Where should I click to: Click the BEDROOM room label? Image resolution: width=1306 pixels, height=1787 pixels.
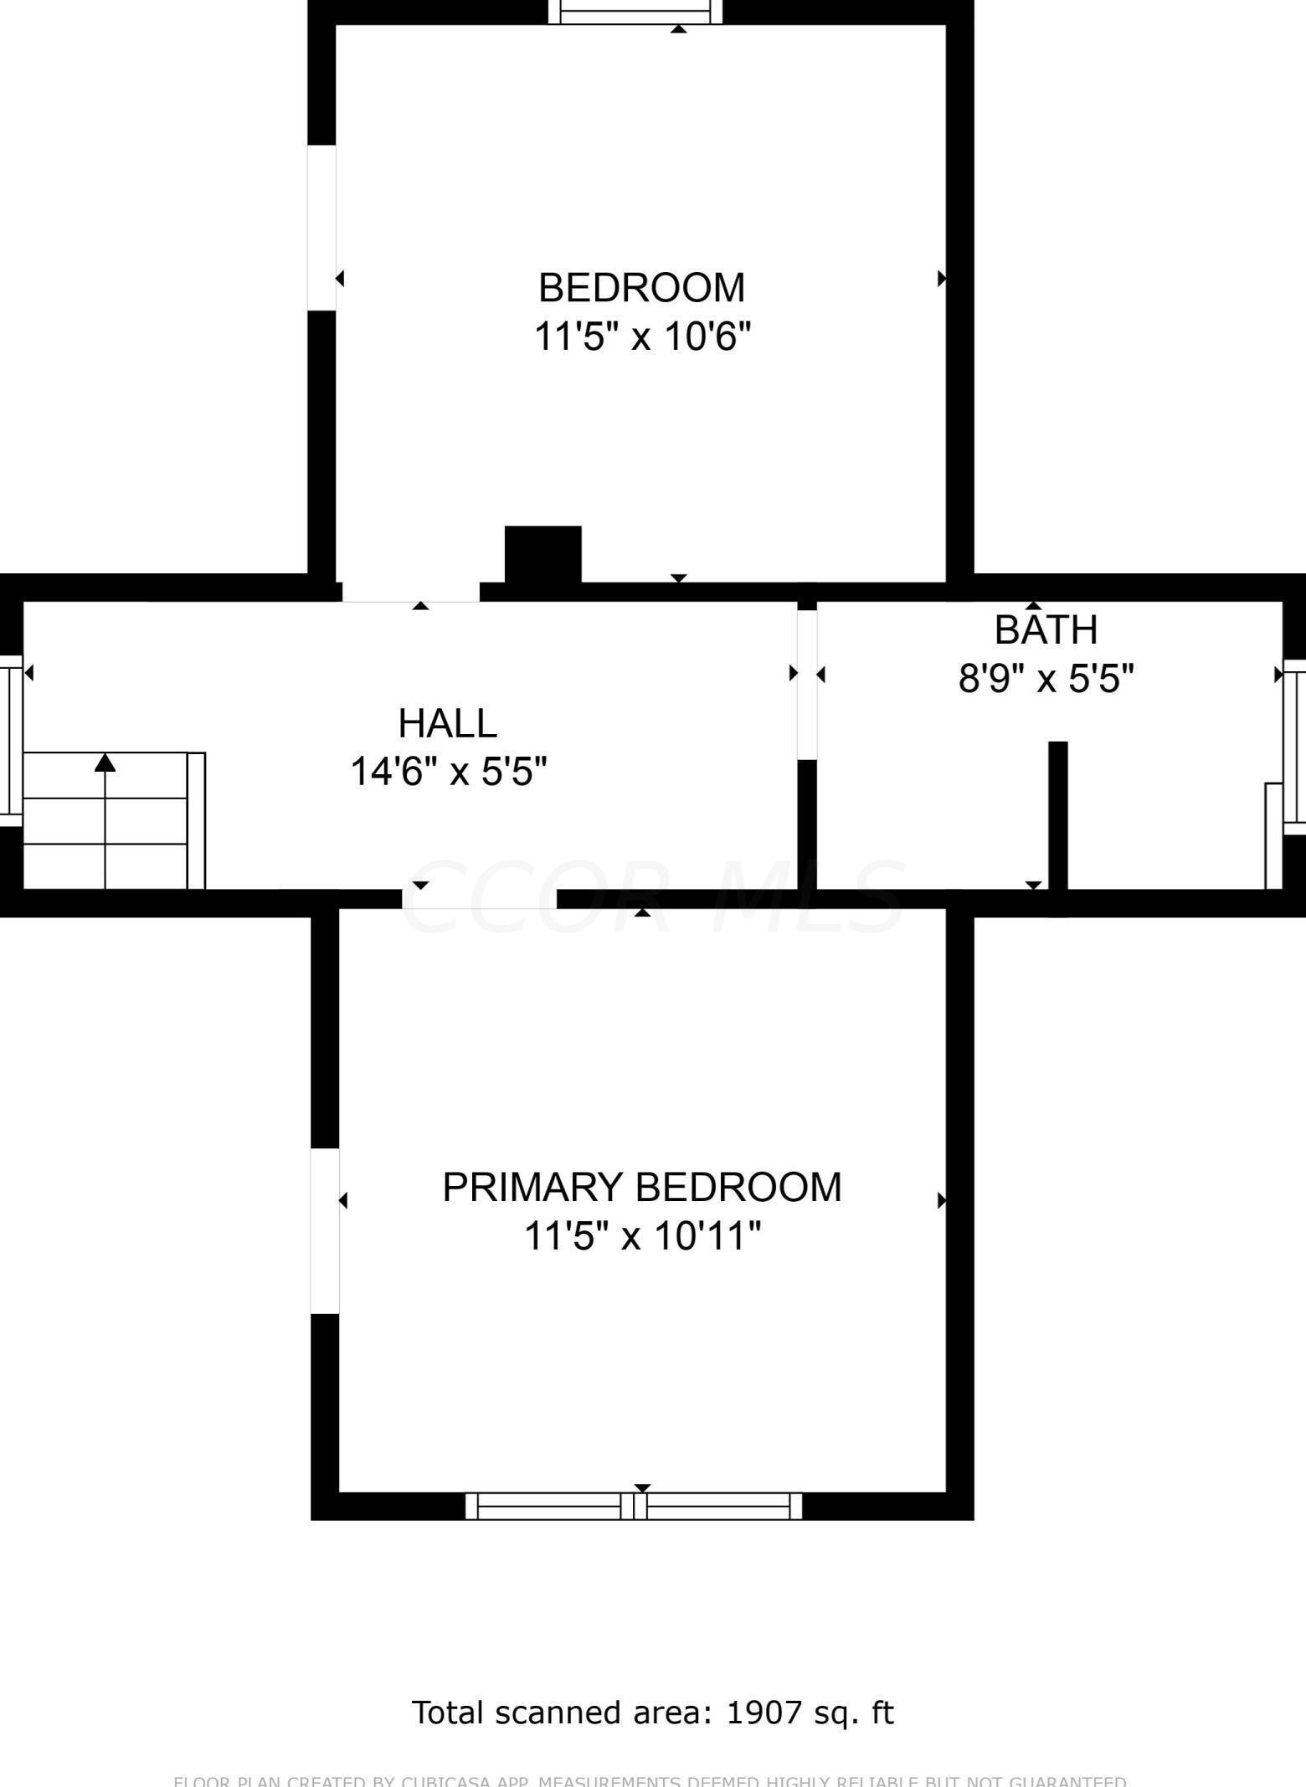[641, 288]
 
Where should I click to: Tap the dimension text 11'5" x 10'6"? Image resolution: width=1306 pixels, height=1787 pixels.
[641, 337]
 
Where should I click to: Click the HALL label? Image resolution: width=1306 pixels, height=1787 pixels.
[447, 723]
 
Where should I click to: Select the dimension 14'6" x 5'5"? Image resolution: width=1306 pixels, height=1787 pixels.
[448, 772]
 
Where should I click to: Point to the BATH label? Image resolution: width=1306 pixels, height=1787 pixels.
[1046, 630]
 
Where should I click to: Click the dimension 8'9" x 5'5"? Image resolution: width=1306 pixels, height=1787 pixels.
[1046, 679]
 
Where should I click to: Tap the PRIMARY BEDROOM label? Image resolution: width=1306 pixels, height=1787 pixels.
[641, 1187]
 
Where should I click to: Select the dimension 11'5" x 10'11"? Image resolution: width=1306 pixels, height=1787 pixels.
[641, 1235]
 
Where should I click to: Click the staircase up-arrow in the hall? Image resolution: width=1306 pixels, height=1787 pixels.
[105, 763]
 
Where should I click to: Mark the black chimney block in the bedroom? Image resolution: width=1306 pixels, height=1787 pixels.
[542, 553]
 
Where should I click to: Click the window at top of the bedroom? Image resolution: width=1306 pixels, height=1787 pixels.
[635, 13]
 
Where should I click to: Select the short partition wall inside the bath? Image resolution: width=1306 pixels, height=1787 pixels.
[1058, 816]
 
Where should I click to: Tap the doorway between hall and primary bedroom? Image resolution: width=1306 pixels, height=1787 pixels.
[479, 899]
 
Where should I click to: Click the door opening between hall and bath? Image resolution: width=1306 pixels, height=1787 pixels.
[806, 684]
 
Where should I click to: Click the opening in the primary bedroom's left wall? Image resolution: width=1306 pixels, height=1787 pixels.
[325, 1230]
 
